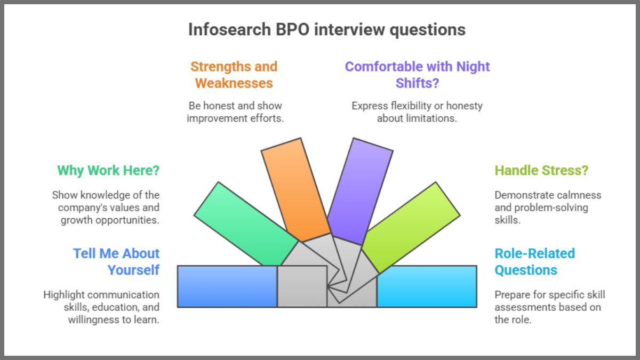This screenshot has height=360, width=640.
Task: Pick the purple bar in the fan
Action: pos(359,189)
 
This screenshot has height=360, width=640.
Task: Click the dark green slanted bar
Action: pos(245,223)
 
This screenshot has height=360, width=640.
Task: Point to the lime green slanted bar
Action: pos(411,227)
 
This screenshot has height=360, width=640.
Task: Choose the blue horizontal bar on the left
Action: pos(227,286)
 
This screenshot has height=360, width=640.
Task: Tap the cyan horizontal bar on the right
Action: pos(427,286)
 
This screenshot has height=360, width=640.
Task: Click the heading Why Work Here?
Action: pos(108,171)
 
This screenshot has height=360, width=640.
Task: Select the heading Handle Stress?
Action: pos(541,171)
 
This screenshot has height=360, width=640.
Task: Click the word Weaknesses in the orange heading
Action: pos(234,83)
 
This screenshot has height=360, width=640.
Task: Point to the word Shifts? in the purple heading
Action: pos(418,83)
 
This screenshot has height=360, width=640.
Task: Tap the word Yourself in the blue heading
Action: pos(133,270)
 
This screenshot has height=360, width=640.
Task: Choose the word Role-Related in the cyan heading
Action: pos(535,253)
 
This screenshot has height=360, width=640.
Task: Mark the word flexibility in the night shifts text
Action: pos(411,106)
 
